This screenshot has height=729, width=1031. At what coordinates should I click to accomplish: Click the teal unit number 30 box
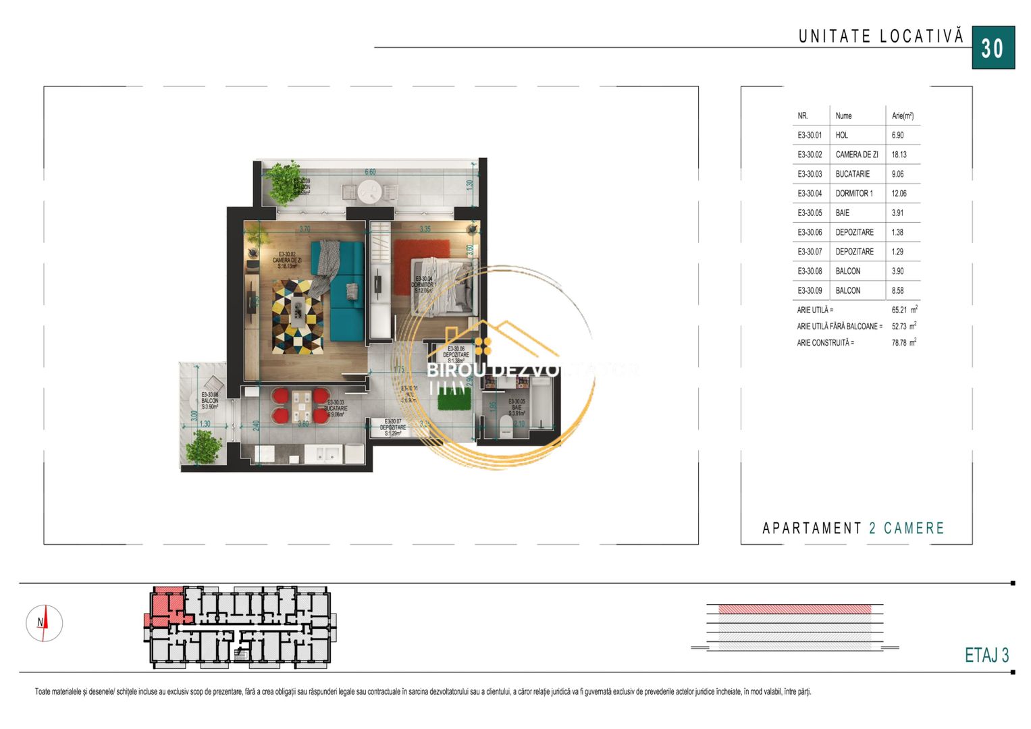[x=993, y=48]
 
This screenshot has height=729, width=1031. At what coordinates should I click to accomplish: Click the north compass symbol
[x=44, y=623]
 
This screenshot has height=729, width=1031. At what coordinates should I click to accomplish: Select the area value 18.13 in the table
[x=899, y=155]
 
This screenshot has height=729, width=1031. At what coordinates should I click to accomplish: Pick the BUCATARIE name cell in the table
[x=852, y=174]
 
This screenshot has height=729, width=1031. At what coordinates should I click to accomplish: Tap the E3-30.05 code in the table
[x=810, y=213]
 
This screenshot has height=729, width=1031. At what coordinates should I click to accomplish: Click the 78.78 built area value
[x=899, y=343]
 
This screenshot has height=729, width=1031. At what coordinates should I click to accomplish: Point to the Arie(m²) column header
[x=902, y=115]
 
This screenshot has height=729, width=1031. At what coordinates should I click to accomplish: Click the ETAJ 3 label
[x=986, y=655]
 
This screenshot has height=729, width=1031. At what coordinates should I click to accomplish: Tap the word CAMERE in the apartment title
[x=914, y=528]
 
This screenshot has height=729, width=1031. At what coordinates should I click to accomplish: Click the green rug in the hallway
[x=454, y=402]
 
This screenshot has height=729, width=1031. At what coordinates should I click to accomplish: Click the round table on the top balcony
[x=371, y=192]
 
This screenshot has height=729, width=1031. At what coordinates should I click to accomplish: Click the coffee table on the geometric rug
[x=298, y=313]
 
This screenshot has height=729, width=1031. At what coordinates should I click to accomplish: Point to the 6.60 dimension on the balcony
[x=370, y=172]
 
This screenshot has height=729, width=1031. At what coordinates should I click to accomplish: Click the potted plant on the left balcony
[x=203, y=446]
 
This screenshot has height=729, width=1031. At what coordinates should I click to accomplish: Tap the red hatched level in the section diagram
[x=795, y=609]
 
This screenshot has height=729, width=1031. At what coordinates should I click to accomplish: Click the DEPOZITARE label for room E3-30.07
[x=393, y=427]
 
